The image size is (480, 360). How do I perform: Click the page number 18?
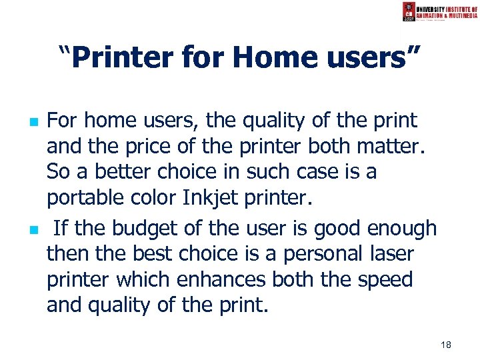pos(445,344)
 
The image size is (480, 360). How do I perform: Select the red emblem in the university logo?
pos(409,11)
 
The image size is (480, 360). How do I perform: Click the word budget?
pos(137,229)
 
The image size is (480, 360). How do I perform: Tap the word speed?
pos(385,280)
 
